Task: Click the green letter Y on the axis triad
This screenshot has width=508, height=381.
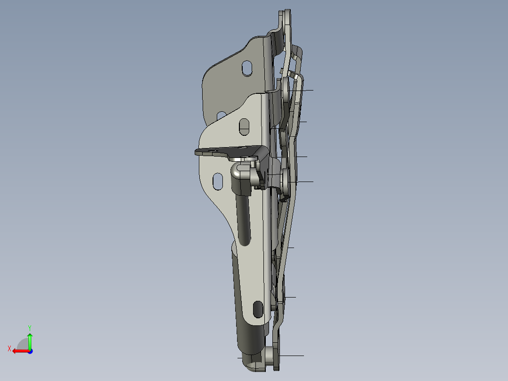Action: [30, 328]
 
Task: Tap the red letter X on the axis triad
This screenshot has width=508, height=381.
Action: [9, 349]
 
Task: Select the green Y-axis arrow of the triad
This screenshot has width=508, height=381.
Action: [30, 341]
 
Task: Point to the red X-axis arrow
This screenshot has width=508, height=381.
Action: [21, 351]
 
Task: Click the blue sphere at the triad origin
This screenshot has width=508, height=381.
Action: [30, 351]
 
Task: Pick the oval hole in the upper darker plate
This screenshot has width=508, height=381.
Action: [247, 68]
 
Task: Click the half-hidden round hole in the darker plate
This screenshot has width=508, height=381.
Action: [221, 115]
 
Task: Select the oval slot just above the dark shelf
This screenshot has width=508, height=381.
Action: [244, 127]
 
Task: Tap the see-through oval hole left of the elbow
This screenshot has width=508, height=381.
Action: [218, 182]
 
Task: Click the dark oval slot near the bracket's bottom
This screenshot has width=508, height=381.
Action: [258, 309]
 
